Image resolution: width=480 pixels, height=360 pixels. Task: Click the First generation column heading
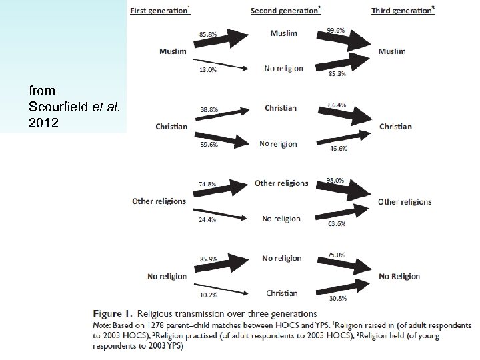pos(159,11)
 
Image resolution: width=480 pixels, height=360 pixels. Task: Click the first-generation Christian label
pos(171,126)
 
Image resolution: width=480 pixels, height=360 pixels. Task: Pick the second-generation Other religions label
pos(281,183)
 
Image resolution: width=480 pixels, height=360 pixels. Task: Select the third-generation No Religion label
pos(400,275)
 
